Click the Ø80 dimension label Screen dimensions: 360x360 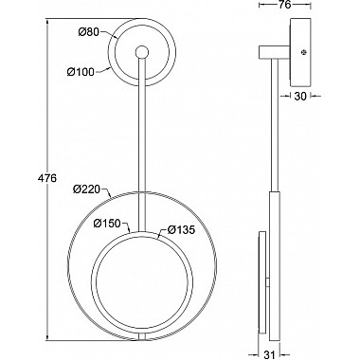89,31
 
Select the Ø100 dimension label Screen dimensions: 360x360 81,72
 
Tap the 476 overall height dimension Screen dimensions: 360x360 47,178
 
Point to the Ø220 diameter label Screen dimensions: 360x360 86,189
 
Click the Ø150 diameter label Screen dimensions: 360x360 107,224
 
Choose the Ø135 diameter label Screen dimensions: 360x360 182,229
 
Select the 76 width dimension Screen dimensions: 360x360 285,5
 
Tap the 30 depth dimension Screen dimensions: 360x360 300,97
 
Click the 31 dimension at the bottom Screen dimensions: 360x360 269,355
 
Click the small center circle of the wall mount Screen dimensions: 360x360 142,52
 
